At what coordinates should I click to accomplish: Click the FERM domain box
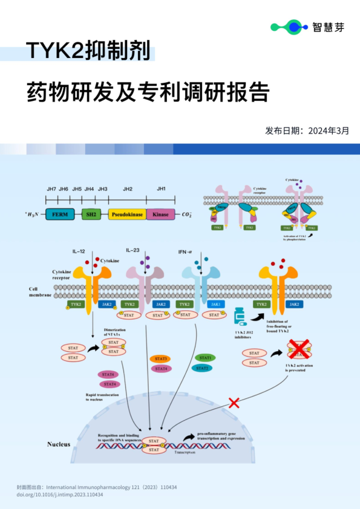tap(60, 214)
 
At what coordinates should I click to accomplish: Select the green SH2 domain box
tap(91, 214)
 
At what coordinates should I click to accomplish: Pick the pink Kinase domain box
tap(160, 214)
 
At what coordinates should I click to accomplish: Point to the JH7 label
tap(51, 189)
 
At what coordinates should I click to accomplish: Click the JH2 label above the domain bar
tap(128, 189)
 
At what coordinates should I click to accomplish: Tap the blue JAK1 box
tap(216, 304)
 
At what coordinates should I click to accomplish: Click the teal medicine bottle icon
tap(240, 316)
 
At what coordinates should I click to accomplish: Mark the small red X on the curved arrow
tap(233, 403)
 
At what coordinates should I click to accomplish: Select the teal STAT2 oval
tap(202, 368)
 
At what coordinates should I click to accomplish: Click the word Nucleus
tap(59, 444)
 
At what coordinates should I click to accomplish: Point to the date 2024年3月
tap(329, 129)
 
